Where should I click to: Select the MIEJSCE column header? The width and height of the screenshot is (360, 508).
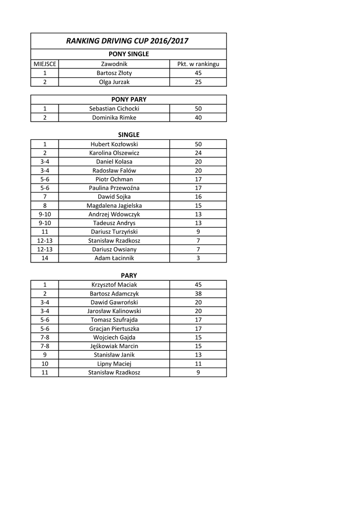45,64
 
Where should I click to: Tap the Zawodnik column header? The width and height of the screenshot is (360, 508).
114,64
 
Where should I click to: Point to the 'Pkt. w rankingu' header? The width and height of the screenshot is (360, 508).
198,64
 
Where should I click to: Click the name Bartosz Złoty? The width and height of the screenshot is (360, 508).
114,73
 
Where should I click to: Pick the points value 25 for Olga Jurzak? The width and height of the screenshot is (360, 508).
198,82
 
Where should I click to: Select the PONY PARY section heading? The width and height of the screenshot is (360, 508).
129,99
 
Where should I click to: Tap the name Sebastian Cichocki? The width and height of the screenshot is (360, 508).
114,109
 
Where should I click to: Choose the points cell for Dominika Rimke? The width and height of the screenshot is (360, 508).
198,118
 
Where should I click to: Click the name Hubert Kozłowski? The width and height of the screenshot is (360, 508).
114,144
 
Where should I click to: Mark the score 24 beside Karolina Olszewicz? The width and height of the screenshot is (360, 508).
198,153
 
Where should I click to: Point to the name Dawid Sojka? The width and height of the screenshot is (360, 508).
114,196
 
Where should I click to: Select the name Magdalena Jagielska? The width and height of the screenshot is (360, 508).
114,205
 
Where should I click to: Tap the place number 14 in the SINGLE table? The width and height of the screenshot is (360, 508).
45,258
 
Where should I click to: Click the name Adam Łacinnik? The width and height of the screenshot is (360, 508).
114,258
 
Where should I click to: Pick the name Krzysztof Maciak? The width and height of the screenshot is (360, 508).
114,285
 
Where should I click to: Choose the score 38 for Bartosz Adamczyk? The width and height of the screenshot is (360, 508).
198,294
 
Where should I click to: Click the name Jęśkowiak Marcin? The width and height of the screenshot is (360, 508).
114,346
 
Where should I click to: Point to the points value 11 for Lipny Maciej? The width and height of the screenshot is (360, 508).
198,364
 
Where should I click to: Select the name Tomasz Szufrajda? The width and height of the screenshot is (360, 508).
114,320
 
